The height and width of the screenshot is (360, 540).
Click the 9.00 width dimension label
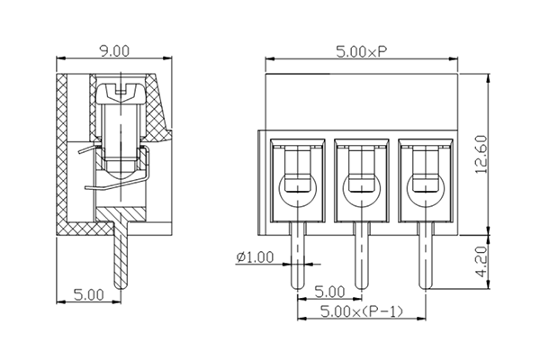tap(114, 51)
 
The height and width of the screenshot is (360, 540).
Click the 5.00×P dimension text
tap(362, 51)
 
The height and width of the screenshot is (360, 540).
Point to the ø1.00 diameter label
tap(255, 257)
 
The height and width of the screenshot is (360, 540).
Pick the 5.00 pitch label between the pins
tap(329, 292)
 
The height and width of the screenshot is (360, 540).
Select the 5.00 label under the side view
tap(87, 293)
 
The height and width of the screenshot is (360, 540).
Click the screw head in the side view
tap(121, 90)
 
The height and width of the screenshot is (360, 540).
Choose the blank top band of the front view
tap(362, 101)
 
